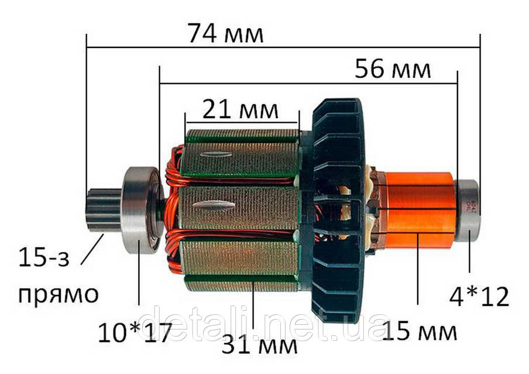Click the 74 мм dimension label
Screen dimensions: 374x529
[x=226, y=35]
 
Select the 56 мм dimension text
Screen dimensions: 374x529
[x=393, y=70]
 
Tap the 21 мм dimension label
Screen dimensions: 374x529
[x=240, y=109]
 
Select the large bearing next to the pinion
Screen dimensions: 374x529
[x=140, y=210]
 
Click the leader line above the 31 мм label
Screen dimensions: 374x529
[x=253, y=304]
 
